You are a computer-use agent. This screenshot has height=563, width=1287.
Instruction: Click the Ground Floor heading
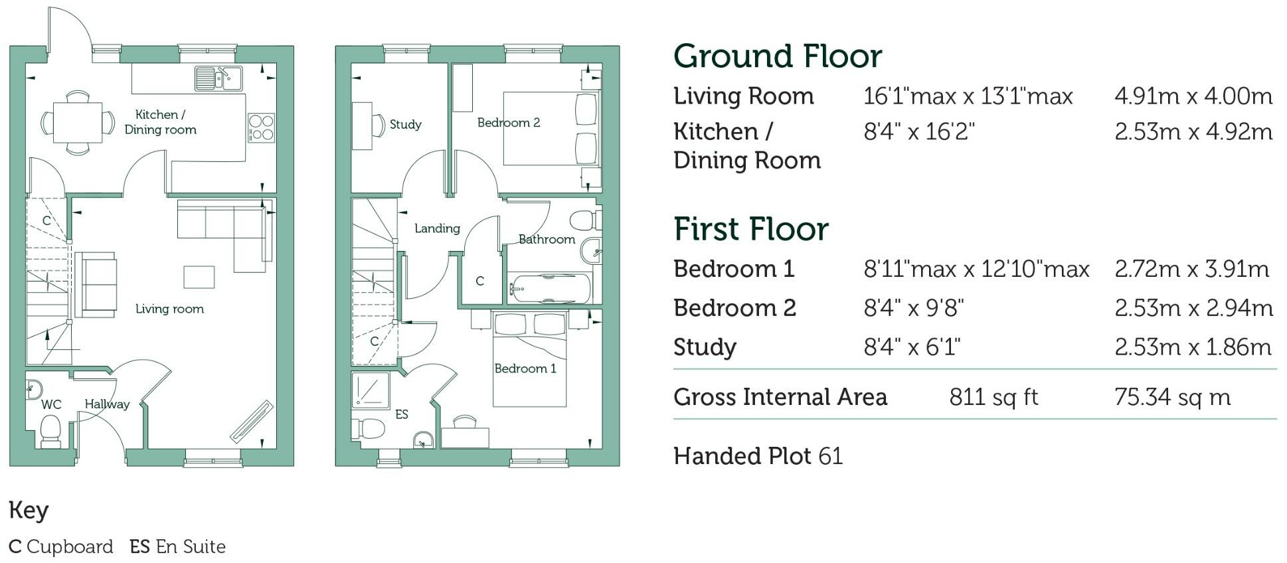pyautogui.click(x=778, y=56)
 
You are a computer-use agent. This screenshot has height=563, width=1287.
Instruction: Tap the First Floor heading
pyautogui.click(x=751, y=229)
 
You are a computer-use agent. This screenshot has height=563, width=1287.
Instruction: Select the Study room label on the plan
pyautogui.click(x=406, y=125)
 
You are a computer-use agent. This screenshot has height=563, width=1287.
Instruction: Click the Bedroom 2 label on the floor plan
pyautogui.click(x=509, y=123)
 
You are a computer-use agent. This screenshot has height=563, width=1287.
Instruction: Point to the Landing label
pyautogui.click(x=437, y=229)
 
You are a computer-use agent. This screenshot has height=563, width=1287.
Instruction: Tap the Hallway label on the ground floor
pyautogui.click(x=107, y=404)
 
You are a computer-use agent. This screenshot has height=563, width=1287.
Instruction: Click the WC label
pyautogui.click(x=51, y=404)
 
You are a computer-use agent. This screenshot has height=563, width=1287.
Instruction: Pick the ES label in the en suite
pyautogui.click(x=402, y=415)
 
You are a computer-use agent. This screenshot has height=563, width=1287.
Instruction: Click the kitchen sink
pyautogui.click(x=219, y=78)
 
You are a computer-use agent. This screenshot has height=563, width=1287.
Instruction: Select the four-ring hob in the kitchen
pyautogui.click(x=261, y=127)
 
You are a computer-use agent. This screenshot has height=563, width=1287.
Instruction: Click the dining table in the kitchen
pyautogui.click(x=78, y=123)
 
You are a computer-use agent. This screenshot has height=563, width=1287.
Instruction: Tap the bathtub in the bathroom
pyautogui.click(x=550, y=289)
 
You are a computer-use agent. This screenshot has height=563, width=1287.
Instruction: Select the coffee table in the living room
pyautogui.click(x=199, y=277)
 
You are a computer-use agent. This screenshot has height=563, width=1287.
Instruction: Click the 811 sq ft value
pyautogui.click(x=993, y=397)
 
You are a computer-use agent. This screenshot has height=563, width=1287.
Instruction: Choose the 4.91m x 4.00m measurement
pyautogui.click(x=1193, y=96)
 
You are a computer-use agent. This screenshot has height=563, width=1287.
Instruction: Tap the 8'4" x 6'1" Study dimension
pyautogui.click(x=912, y=347)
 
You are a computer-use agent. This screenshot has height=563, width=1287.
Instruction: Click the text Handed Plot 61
pyautogui.click(x=758, y=456)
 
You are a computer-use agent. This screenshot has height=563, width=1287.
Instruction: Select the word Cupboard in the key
pyautogui.click(x=70, y=547)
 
